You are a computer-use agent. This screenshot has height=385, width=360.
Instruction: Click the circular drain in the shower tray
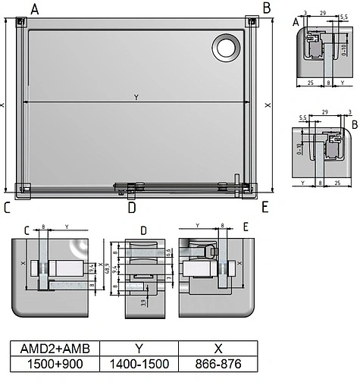[226, 47]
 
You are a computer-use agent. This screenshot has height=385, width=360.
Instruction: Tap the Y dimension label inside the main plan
[136, 97]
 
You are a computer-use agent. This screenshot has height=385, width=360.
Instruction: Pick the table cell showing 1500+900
[54, 365]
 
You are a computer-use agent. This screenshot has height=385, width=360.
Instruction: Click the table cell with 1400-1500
[139, 365]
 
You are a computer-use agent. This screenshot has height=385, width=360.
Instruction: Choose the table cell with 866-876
[218, 365]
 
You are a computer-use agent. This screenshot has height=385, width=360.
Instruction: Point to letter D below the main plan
[131, 207]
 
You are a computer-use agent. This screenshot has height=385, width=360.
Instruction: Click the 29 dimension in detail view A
[323, 13]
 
